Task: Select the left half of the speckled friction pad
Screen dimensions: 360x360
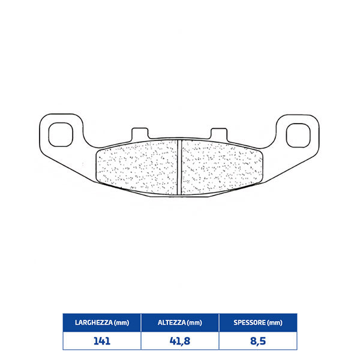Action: click(139, 166)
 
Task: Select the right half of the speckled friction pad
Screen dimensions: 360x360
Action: click(222, 166)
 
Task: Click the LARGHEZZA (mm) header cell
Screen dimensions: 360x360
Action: click(101, 323)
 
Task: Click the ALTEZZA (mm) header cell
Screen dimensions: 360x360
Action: click(180, 323)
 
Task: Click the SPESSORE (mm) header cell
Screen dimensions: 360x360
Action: click(259, 323)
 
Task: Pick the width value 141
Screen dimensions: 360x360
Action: click(101, 341)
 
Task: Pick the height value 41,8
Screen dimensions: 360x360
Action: click(180, 341)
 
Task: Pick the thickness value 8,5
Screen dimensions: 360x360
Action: click(259, 341)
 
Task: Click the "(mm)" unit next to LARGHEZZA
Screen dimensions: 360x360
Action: click(122, 323)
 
